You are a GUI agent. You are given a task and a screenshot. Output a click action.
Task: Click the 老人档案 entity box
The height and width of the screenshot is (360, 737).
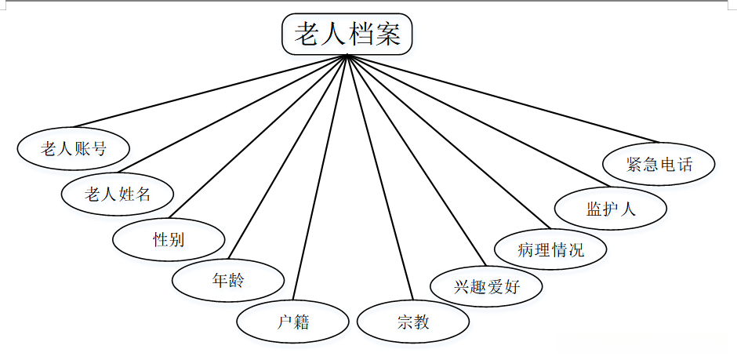point(347,35)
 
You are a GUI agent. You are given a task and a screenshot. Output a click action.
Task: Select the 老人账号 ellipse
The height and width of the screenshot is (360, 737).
point(74,147)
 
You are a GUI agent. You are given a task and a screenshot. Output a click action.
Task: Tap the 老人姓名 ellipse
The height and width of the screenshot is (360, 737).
point(118,193)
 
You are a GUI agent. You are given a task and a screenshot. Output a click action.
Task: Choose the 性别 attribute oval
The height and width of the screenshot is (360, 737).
point(169,238)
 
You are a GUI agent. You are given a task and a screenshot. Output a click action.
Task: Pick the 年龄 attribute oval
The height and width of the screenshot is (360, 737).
point(228,280)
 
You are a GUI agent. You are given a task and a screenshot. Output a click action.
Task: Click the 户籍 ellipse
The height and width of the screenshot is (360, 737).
point(293,322)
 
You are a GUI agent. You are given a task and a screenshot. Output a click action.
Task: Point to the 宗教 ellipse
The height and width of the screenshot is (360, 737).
point(413,322)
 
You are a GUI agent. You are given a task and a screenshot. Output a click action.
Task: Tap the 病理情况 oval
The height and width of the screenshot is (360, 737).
point(550,250)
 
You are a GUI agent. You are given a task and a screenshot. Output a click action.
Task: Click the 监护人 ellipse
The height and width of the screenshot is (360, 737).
point(611,209)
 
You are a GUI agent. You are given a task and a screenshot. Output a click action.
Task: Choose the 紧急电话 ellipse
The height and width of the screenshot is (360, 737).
point(659,165)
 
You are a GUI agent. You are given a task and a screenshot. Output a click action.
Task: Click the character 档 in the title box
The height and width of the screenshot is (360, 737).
point(359,35)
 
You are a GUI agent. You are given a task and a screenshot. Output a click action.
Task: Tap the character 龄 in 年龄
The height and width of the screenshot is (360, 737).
point(235,280)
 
